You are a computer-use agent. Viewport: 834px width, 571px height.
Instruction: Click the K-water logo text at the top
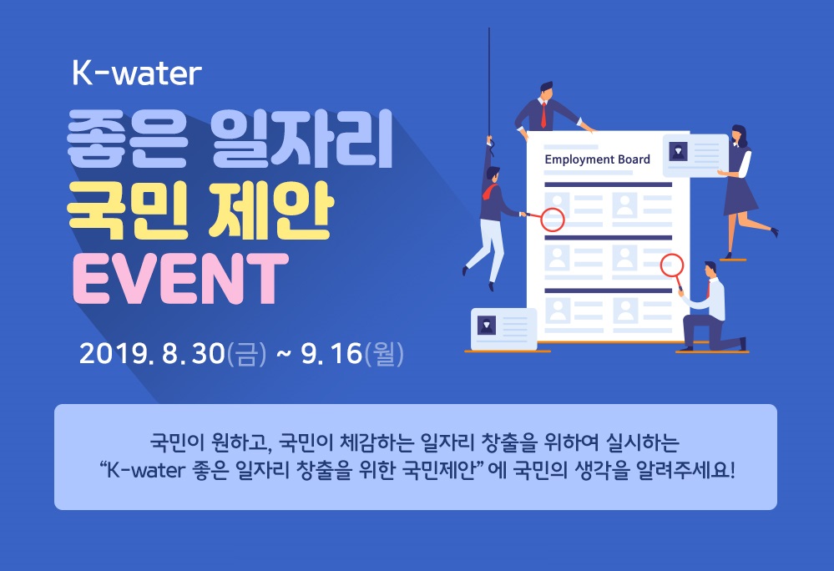(x=137, y=73)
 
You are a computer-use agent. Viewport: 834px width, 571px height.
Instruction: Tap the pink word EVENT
(x=181, y=279)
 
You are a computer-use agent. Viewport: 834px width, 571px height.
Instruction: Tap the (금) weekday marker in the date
(x=245, y=354)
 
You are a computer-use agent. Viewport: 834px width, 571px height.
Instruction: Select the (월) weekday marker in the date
(x=384, y=354)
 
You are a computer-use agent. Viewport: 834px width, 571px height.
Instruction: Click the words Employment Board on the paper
(x=597, y=159)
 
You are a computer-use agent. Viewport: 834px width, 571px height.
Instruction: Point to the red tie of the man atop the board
(x=543, y=114)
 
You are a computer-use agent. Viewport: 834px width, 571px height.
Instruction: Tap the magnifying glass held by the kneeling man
(x=673, y=271)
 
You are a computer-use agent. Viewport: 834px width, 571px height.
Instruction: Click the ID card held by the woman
(x=695, y=155)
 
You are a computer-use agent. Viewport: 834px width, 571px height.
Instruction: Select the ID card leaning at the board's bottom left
(x=503, y=329)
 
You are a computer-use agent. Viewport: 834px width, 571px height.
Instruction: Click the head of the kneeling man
(x=710, y=270)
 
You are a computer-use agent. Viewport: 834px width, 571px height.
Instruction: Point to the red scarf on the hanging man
(x=490, y=192)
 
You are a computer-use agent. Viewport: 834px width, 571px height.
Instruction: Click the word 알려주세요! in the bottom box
(x=686, y=470)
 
